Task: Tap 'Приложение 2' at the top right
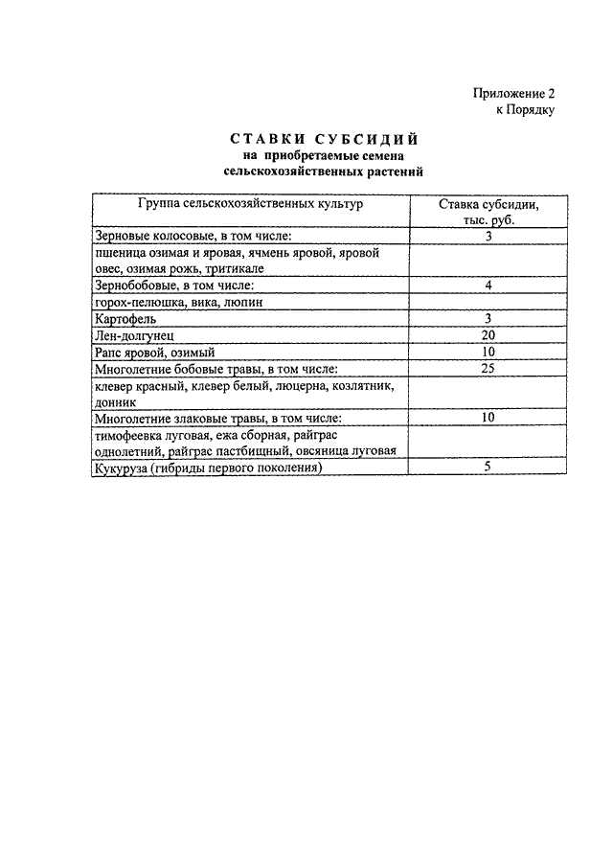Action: point(512,94)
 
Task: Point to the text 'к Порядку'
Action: point(525,109)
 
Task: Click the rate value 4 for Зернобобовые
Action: point(488,285)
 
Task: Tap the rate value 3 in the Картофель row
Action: point(488,318)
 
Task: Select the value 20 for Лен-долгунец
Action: point(488,334)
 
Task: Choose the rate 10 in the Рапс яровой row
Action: point(488,351)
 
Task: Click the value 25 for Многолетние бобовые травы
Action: point(488,368)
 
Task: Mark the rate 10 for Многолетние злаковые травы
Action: point(488,418)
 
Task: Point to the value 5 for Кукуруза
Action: point(488,468)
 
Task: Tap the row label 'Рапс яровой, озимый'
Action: point(153,352)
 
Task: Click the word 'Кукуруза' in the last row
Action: point(121,468)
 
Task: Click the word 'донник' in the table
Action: point(114,402)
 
